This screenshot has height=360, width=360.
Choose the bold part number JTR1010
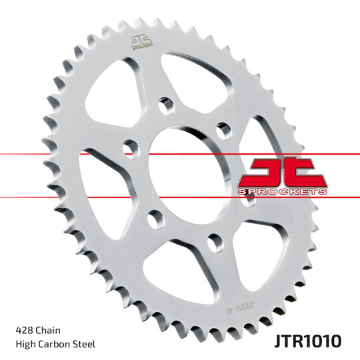[307, 341]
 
